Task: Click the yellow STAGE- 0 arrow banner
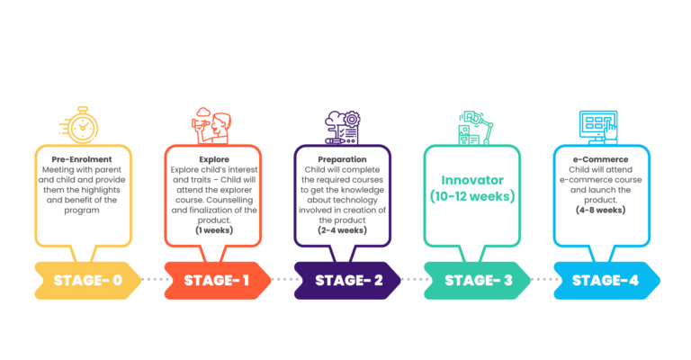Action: click(87, 281)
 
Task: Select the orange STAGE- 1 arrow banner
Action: click(217, 281)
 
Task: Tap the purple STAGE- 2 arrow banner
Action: click(347, 281)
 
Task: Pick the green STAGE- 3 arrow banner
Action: click(477, 281)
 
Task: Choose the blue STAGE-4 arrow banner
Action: click(606, 281)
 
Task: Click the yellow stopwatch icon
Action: click(80, 125)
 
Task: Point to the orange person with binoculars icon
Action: click(212, 126)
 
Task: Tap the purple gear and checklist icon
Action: click(343, 127)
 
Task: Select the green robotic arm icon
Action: click(475, 128)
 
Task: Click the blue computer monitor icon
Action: click(598, 127)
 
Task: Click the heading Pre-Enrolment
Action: click(82, 159)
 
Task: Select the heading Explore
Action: click(214, 159)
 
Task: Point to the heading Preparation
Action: click(343, 159)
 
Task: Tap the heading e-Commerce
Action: click(601, 159)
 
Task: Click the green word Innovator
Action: click(472, 180)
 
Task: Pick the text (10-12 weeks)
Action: click(472, 196)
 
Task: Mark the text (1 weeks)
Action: click(214, 230)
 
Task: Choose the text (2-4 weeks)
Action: click(343, 230)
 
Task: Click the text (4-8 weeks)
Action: click(601, 211)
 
